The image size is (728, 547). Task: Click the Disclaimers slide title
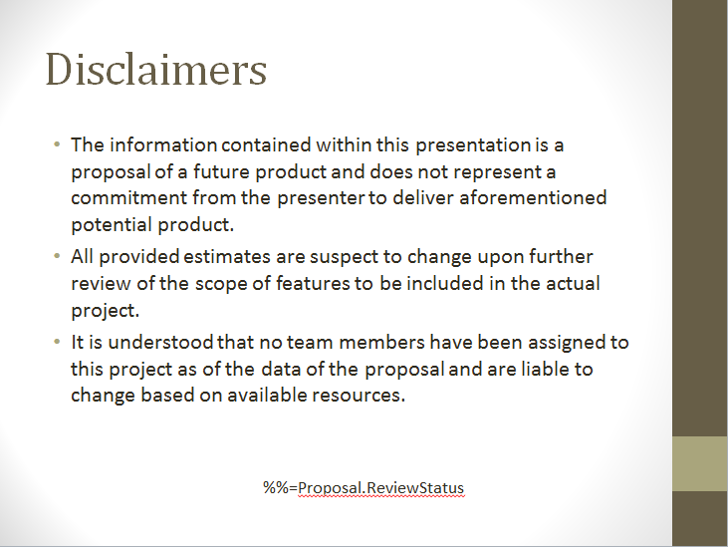[x=156, y=69]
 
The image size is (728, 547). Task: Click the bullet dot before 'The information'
[x=57, y=144]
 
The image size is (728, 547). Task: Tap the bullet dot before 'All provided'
[x=57, y=256]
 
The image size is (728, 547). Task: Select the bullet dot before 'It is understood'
[x=57, y=342]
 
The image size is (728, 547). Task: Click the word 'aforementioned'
[x=533, y=198]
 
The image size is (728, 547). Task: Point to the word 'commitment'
[x=128, y=198]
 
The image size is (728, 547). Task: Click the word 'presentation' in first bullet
[x=473, y=145]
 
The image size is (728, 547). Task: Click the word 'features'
[x=313, y=283]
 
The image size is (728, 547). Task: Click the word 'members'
[x=382, y=342]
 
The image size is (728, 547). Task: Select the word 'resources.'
[x=359, y=396]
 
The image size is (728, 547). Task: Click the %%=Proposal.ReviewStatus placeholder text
[x=364, y=488]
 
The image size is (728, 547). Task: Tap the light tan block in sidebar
[x=700, y=464]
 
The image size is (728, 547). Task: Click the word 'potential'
[x=112, y=225]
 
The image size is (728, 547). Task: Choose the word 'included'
[x=445, y=283]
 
